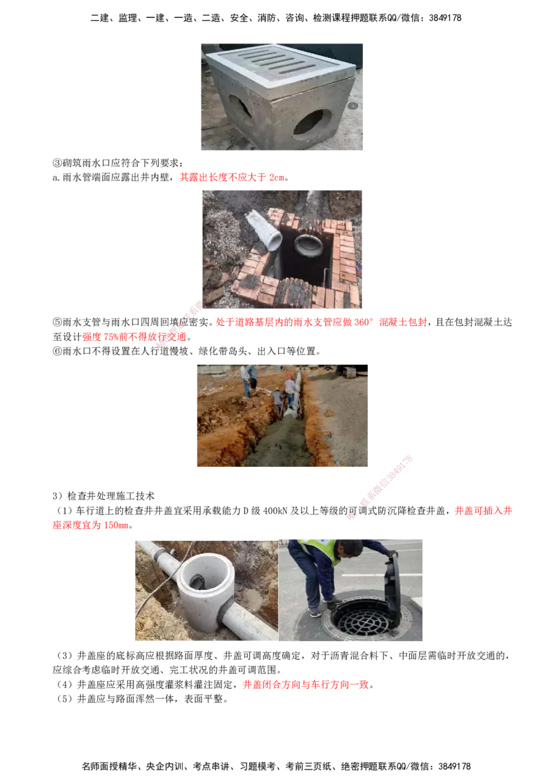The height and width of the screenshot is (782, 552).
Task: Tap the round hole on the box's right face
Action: [x=310, y=122]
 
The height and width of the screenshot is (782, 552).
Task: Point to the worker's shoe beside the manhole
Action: [x=315, y=612]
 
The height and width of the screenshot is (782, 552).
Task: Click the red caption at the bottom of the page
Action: [x=304, y=685]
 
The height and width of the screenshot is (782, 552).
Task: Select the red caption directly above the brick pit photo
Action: [x=231, y=178]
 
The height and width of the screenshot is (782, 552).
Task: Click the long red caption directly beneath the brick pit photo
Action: [x=322, y=323]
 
